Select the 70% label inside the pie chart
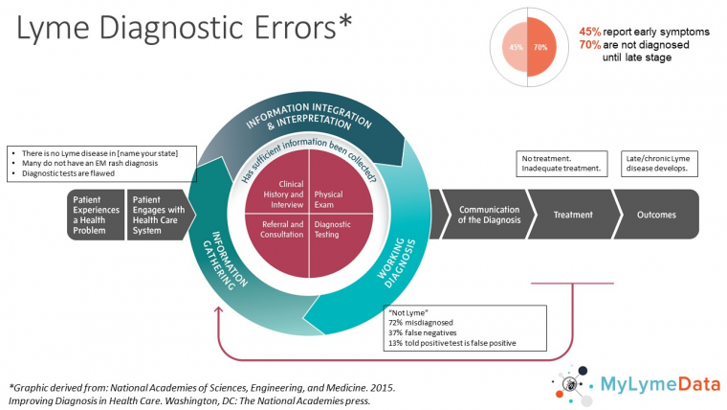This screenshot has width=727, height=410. point(541,47)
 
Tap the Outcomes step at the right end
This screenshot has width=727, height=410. point(656,215)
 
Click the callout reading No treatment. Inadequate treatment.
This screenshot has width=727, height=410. point(559,162)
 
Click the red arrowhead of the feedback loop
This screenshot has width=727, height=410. point(218,311)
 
